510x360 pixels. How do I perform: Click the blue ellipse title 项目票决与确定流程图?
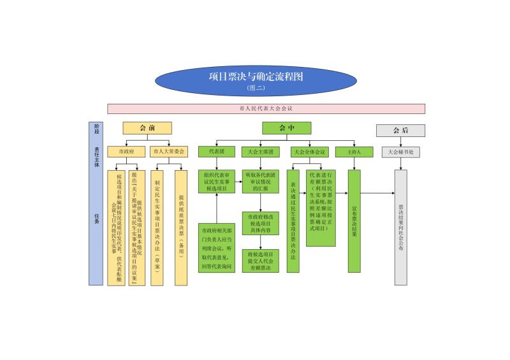(x=256, y=80)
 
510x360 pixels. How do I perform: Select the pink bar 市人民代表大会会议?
(x=265, y=109)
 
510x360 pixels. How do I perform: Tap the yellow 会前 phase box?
(x=147, y=128)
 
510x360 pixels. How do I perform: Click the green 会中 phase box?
(x=286, y=128)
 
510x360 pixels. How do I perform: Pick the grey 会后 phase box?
(x=400, y=131)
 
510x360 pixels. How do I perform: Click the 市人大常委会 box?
(x=169, y=152)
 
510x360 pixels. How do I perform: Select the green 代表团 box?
(x=217, y=152)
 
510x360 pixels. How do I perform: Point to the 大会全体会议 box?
(x=309, y=152)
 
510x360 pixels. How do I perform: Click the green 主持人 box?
(x=354, y=152)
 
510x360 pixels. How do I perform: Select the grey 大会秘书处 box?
(x=400, y=153)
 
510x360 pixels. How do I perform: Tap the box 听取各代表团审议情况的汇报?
(x=260, y=181)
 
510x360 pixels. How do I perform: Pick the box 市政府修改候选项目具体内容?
(x=260, y=224)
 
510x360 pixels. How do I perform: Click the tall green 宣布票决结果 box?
(x=354, y=221)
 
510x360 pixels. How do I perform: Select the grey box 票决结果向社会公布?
(x=400, y=227)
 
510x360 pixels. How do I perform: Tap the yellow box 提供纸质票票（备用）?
(x=181, y=227)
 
